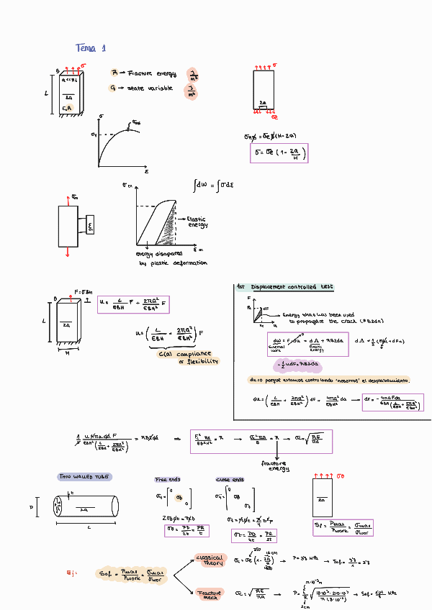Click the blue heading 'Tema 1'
(91, 48)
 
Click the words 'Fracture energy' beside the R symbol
(151, 73)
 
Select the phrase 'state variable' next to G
(148, 88)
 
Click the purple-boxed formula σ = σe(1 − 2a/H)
(279, 153)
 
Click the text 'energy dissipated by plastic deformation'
(170, 258)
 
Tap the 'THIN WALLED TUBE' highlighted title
(84, 477)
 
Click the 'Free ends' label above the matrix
(167, 480)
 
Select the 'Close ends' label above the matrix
(230, 480)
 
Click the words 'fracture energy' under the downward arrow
(274, 466)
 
